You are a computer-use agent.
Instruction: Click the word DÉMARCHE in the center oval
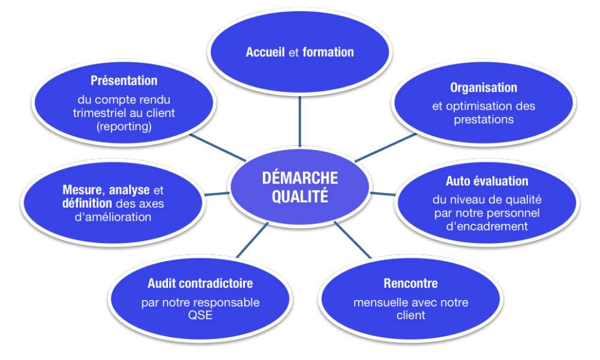coord(300,178)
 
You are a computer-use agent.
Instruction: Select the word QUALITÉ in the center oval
coord(300,196)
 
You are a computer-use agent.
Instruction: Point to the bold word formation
coord(328,52)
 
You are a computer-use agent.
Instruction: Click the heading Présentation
coord(124,80)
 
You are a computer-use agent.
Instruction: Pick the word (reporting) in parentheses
coord(124,126)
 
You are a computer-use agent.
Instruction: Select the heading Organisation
coord(484,88)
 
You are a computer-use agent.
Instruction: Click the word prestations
coord(484,120)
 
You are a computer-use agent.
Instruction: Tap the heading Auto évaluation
coord(487,181)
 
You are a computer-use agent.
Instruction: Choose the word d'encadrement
coord(487,226)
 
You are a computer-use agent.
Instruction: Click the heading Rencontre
coord(410,283)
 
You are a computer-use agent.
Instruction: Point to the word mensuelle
coord(376,302)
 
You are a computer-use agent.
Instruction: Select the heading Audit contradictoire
coord(200,283)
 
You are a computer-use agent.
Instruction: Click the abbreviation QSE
coord(200,315)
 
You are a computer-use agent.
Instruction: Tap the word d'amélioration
coord(113,217)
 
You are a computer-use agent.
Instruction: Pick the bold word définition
coord(87,203)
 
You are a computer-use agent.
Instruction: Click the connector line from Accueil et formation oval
coord(299,121)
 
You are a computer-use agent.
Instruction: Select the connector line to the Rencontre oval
coord(353,240)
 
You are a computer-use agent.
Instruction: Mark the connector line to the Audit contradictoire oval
coord(252,240)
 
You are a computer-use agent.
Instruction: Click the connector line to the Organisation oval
coord(386,147)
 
